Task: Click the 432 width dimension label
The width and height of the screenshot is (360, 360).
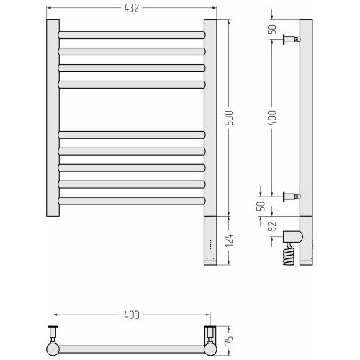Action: pyautogui.click(x=132, y=8)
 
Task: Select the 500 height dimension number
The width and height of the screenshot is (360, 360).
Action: pyautogui.click(x=229, y=117)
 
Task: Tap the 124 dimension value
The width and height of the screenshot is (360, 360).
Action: pyautogui.click(x=229, y=240)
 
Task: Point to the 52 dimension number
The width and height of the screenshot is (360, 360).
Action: pyautogui.click(x=272, y=226)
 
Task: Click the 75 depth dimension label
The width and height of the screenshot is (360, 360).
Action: pyautogui.click(x=229, y=340)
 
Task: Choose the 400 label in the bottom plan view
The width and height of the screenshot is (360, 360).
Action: pyautogui.click(x=132, y=315)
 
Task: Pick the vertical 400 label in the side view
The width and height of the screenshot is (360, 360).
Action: pyautogui.click(x=272, y=117)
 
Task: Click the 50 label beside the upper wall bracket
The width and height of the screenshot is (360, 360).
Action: pyautogui.click(x=272, y=30)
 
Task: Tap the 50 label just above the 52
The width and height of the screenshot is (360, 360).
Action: pyautogui.click(x=261, y=206)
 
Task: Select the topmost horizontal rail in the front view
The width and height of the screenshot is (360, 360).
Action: pyautogui.click(x=132, y=35)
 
